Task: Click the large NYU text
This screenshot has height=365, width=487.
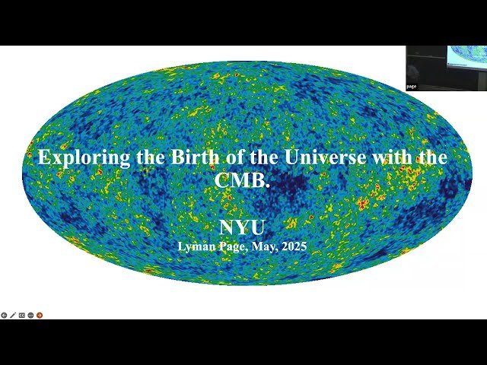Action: pyautogui.click(x=242, y=227)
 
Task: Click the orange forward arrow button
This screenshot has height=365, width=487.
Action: pyautogui.click(x=40, y=315)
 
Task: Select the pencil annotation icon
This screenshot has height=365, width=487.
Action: pyautogui.click(x=12, y=315)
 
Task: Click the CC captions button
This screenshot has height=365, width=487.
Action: pyautogui.click(x=21, y=315)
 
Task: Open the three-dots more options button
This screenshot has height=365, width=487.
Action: pyautogui.click(x=30, y=315)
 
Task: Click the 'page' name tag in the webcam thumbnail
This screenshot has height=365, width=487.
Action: pyautogui.click(x=412, y=87)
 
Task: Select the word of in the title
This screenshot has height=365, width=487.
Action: pyautogui.click(x=222, y=158)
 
